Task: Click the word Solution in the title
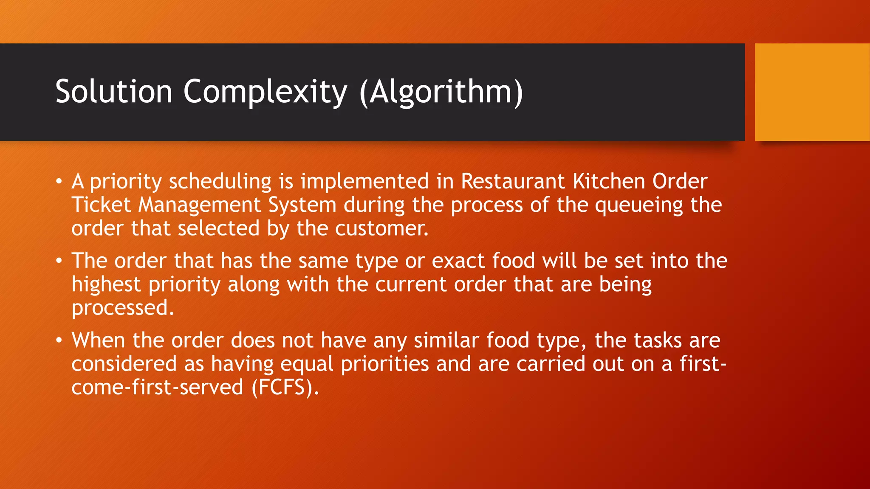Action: [114, 91]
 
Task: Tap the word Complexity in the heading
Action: [265, 92]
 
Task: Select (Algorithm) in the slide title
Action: [441, 92]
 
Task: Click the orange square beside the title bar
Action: [812, 92]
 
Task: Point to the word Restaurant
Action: [513, 181]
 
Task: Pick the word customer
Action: [382, 228]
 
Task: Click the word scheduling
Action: [220, 182]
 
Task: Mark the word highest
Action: [106, 284]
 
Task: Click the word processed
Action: [123, 308]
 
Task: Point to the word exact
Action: [458, 261]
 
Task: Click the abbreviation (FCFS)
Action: [285, 388]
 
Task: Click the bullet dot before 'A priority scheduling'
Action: [59, 182]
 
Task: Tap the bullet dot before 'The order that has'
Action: [59, 261]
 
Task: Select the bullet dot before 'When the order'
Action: [59, 340]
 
